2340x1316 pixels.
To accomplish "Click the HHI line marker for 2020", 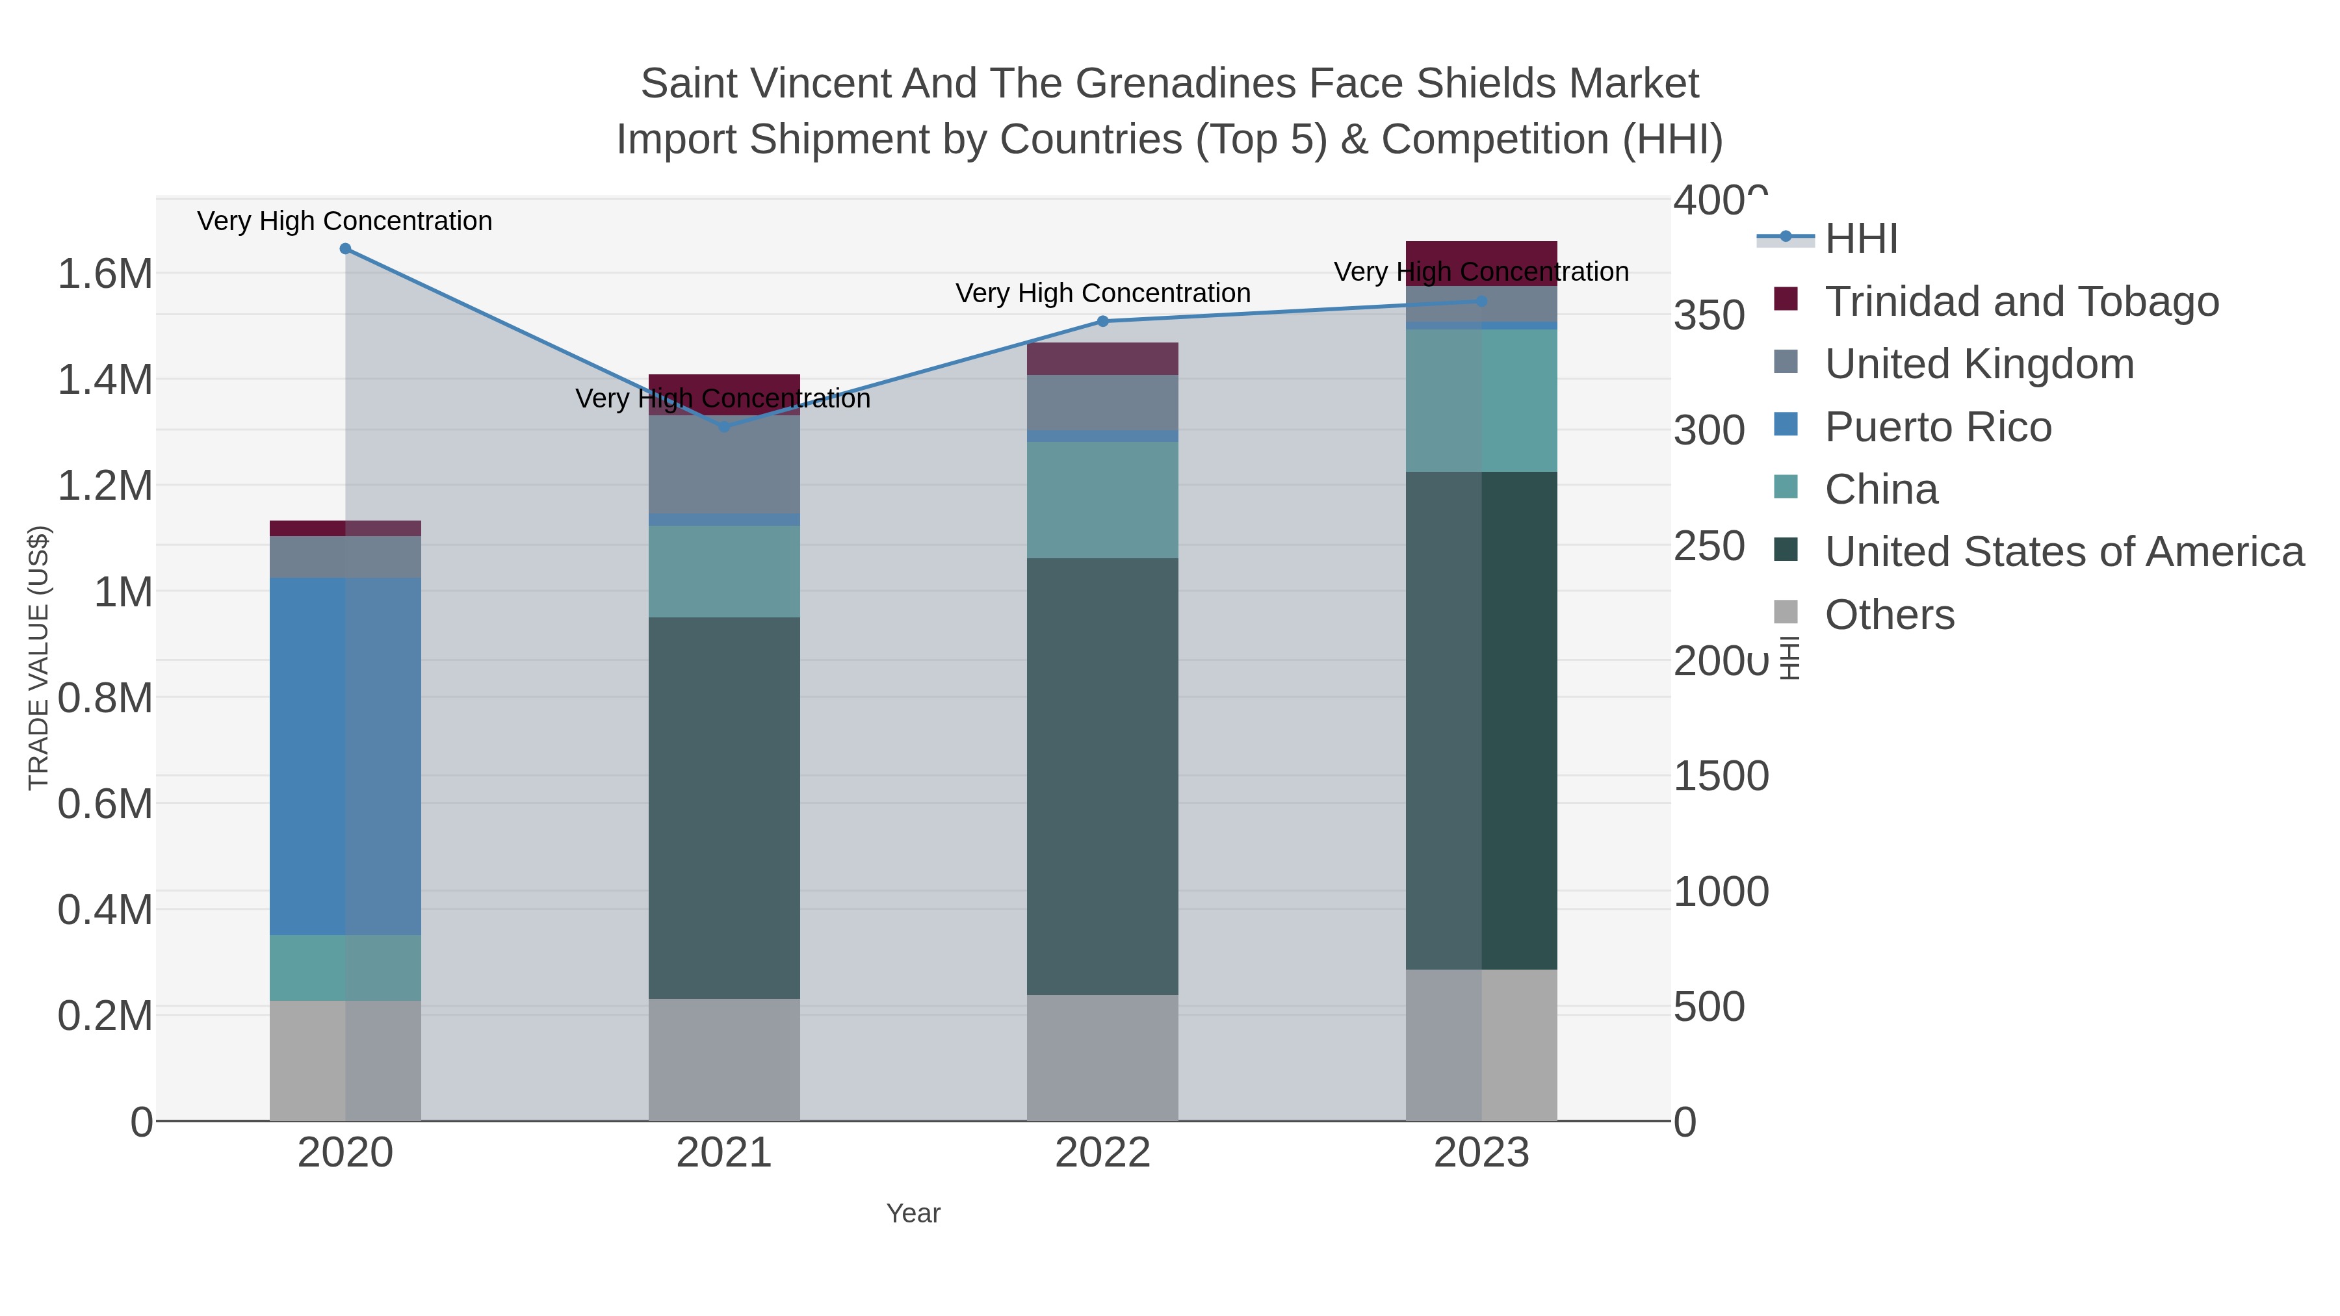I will coord(345,249).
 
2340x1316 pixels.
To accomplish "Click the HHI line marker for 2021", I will coord(724,426).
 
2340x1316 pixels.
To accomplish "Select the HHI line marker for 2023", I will coord(1481,301).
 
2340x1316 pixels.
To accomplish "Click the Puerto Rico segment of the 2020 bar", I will coord(345,756).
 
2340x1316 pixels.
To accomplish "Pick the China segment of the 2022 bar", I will coord(1103,500).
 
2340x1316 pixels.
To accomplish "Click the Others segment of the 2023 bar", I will coord(1481,1044).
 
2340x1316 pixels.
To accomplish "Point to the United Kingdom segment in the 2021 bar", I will coord(724,464).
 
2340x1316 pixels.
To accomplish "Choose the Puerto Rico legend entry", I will coord(1938,427).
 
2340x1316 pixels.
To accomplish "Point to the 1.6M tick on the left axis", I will coord(105,274).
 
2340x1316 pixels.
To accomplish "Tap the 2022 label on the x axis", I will coord(1103,1154).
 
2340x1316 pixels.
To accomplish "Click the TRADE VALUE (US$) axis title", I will coord(39,658).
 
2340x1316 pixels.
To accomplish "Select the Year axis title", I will coord(913,1213).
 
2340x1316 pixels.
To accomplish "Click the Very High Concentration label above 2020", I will coord(345,221).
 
